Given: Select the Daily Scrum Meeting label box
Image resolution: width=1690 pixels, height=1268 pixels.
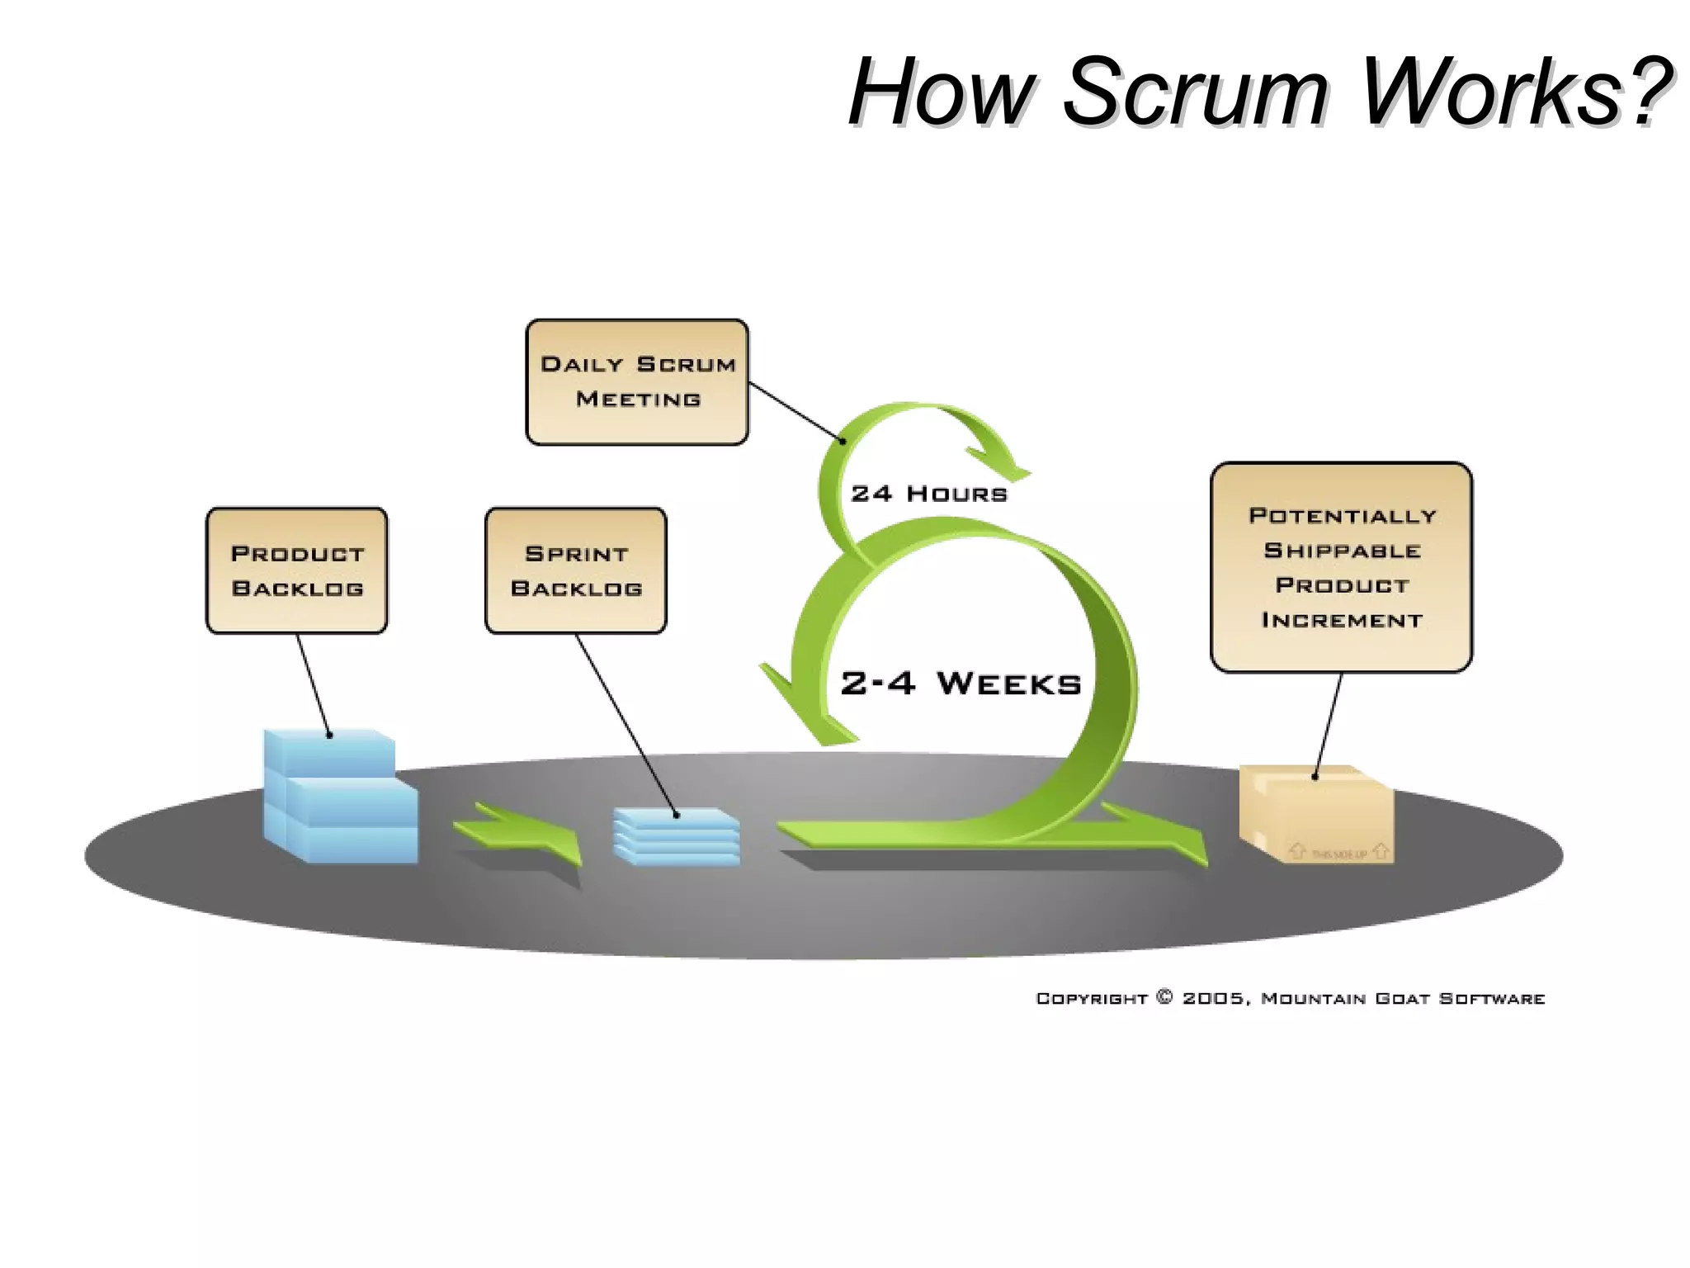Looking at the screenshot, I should [x=637, y=382].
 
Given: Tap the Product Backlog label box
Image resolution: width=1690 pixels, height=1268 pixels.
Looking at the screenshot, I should [x=297, y=570].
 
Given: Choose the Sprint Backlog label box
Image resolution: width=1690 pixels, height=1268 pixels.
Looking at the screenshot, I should [x=576, y=570].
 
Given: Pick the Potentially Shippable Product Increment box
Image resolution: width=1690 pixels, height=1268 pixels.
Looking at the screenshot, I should [x=1341, y=567].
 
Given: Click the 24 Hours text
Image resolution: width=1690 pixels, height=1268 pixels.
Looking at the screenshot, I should [x=929, y=494].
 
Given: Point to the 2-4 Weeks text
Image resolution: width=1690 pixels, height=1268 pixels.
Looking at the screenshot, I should [x=961, y=684].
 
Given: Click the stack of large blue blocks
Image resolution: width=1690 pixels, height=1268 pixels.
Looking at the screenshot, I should [x=338, y=797].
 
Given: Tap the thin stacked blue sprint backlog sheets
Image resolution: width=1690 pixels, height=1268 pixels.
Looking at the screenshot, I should [x=677, y=836].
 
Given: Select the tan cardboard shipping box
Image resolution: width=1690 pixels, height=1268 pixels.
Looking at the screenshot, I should [x=1316, y=816].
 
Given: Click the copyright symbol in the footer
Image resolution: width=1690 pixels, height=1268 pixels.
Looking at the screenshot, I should [x=1164, y=997].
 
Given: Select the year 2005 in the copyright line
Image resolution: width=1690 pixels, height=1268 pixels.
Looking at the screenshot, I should [x=1212, y=998].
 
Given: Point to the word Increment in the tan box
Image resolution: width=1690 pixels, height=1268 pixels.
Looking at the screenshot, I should [x=1342, y=620].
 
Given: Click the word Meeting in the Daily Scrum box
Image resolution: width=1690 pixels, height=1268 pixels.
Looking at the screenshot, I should [x=638, y=400].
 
